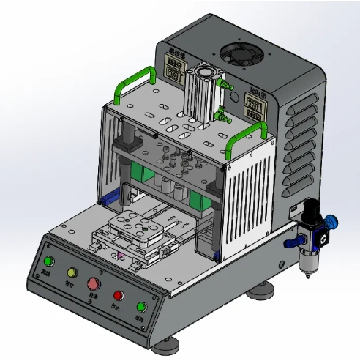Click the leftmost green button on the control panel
tap(49, 262)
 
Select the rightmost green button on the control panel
tap(142, 307)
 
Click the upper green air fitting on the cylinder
tap(228, 85)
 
